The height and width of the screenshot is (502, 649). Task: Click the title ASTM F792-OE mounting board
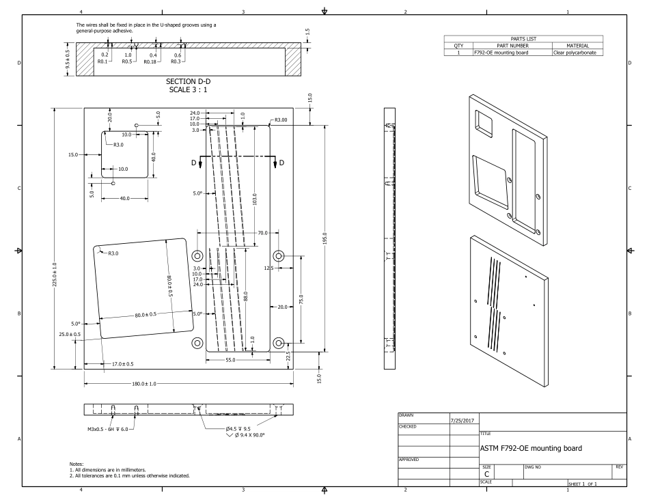tap(531, 449)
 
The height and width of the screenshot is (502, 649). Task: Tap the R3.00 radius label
tap(281, 120)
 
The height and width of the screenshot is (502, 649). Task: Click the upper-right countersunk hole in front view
tap(279, 255)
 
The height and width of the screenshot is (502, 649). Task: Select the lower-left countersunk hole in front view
tap(197, 343)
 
